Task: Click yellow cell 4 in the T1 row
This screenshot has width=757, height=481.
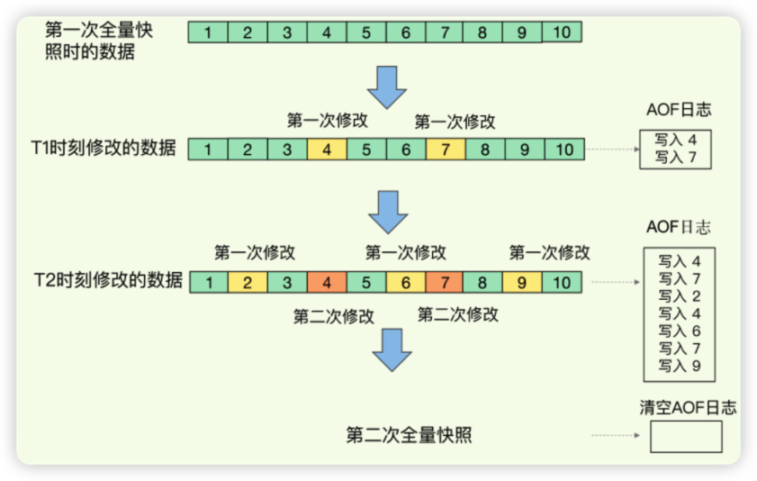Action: coord(327,150)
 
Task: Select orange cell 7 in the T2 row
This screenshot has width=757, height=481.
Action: coord(445,283)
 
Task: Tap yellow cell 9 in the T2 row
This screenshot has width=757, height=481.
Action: coord(522,283)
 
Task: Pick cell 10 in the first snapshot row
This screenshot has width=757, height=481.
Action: coord(562,33)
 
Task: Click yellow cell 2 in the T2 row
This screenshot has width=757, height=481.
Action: coord(247,283)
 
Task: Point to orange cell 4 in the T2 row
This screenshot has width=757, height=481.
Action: coord(326,283)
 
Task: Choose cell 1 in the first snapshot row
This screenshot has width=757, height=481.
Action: coord(208,33)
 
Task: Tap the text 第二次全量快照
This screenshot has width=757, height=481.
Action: coord(410,436)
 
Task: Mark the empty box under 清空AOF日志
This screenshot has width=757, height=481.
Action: coord(685,437)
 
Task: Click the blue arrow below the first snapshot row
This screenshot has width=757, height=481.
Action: coord(389,85)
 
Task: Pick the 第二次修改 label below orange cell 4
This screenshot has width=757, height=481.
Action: coord(334,316)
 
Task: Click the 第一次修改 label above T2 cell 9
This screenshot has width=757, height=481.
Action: coord(549,252)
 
